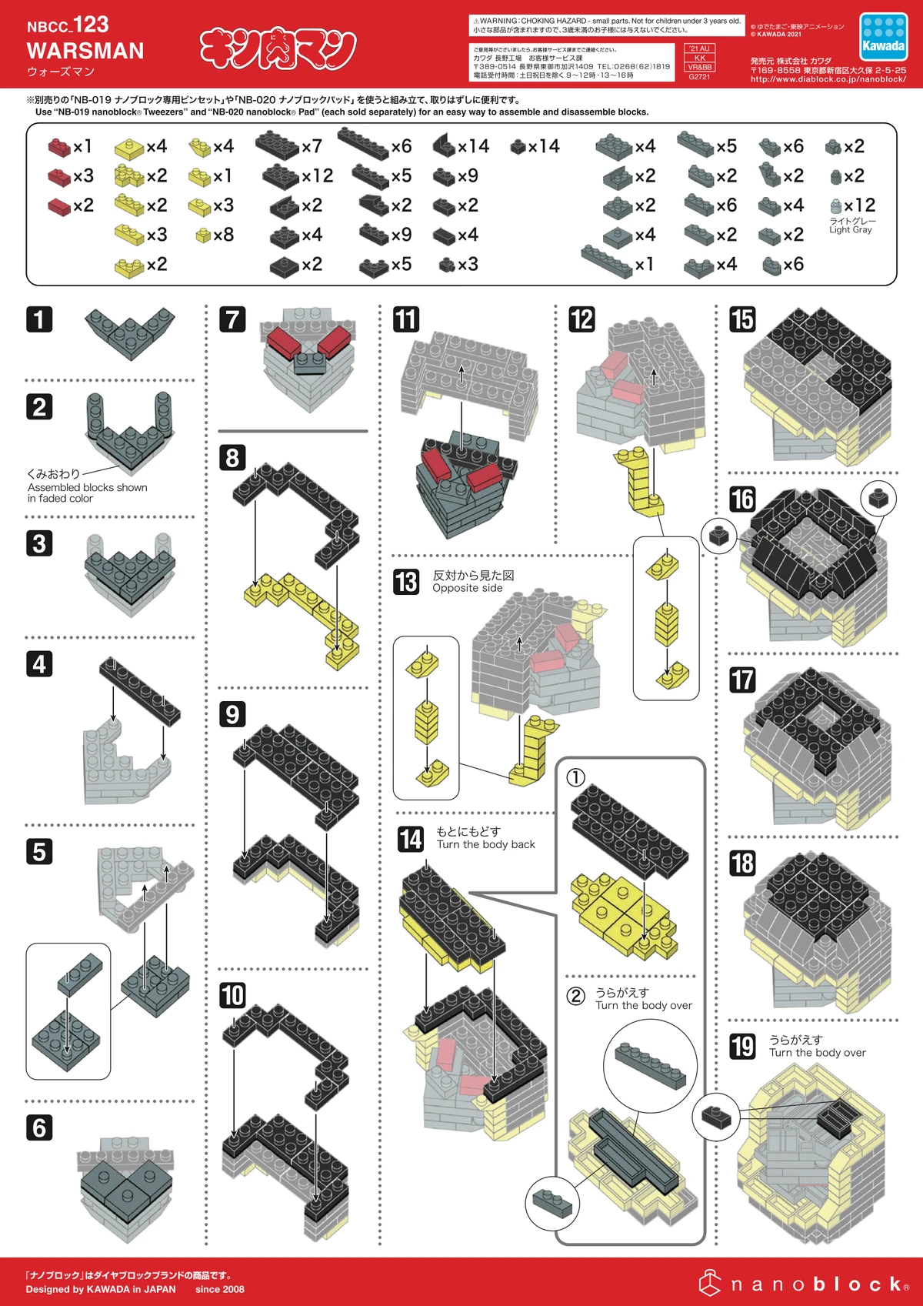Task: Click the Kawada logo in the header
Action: click(x=883, y=37)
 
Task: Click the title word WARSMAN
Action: click(x=85, y=51)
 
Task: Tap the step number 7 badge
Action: click(x=232, y=319)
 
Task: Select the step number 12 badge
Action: click(x=581, y=319)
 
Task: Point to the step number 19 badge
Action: click(x=742, y=1046)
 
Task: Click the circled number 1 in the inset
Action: click(x=575, y=777)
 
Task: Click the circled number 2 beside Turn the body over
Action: click(x=575, y=996)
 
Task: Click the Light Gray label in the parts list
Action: click(x=851, y=229)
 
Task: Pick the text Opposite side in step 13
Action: click(x=467, y=588)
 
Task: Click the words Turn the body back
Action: click(x=485, y=844)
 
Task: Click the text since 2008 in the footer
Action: click(x=220, y=1289)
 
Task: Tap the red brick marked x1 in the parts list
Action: click(x=58, y=146)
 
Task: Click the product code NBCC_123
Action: click(x=68, y=25)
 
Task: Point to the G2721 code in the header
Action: click(x=699, y=77)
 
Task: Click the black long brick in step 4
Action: click(x=139, y=691)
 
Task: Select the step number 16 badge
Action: click(x=742, y=499)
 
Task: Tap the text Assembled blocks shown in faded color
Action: click(x=87, y=493)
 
